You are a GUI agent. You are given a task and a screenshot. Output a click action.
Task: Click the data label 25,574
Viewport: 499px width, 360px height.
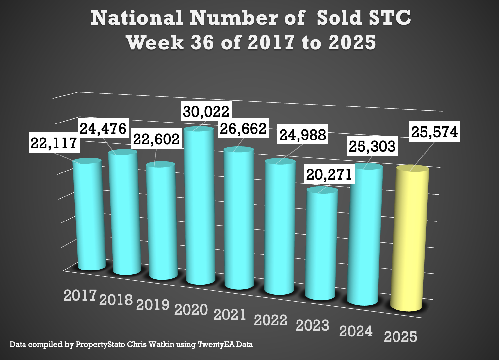[x=434, y=132]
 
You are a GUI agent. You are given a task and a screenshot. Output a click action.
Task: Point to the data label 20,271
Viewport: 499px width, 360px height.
[x=329, y=174]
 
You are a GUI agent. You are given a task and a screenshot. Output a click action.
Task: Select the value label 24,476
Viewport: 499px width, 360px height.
[x=103, y=129]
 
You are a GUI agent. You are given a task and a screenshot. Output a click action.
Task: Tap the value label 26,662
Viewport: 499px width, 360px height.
[x=243, y=129]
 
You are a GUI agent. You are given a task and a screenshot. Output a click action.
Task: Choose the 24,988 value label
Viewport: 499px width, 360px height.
[x=303, y=135]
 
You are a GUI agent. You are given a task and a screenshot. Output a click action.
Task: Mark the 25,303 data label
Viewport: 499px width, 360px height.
[x=372, y=146]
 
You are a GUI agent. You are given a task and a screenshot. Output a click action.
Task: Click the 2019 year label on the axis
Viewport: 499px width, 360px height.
[x=153, y=305]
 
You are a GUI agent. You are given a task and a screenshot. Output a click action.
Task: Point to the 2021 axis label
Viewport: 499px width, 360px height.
[x=230, y=315]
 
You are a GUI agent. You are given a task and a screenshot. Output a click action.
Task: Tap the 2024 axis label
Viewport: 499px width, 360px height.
[x=356, y=331]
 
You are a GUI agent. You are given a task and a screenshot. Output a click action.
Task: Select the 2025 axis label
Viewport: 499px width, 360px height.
[x=401, y=337]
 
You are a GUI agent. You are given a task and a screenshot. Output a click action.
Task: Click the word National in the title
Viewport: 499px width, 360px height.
[x=137, y=18]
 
